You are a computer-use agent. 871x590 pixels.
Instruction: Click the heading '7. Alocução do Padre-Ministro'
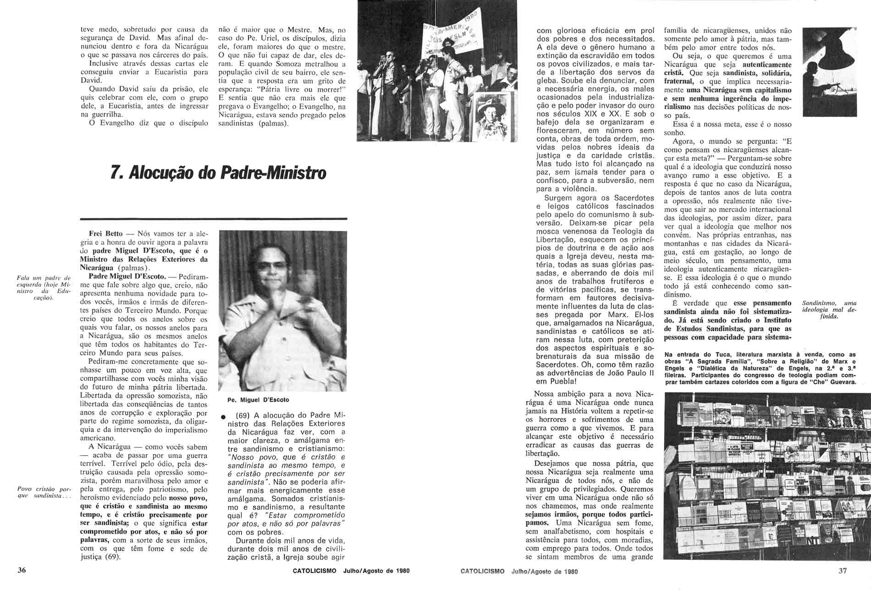point(219,173)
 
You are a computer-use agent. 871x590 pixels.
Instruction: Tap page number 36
point(22,570)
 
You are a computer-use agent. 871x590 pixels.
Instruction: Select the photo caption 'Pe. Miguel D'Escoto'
point(258,400)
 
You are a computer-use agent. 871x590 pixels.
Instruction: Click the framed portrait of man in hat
point(492,117)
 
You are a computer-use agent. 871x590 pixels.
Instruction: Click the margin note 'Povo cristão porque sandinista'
point(44,493)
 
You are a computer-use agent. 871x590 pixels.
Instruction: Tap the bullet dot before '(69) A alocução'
point(222,417)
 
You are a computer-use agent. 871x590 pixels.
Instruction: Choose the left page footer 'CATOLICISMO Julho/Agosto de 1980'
point(351,571)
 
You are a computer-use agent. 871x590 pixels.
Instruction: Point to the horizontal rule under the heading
point(214,219)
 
